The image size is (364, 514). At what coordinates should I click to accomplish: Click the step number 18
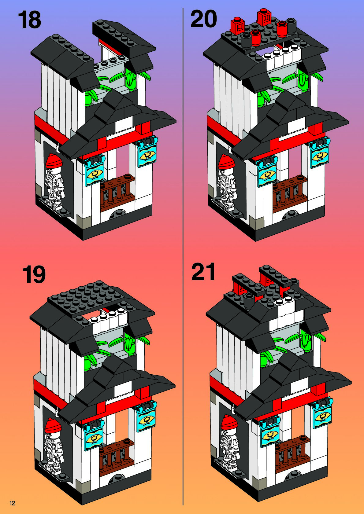pyautogui.click(x=30, y=20)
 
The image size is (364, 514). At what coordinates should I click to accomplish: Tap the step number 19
pyautogui.click(x=34, y=274)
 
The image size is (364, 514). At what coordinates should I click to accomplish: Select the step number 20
pyautogui.click(x=203, y=19)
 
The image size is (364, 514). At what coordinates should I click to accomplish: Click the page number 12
pyautogui.click(x=13, y=503)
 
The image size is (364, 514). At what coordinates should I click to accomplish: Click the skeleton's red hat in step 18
pyautogui.click(x=54, y=161)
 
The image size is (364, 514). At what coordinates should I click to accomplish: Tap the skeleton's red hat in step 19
pyautogui.click(x=53, y=425)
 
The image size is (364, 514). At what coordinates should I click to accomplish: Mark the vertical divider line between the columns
pyautogui.click(x=183, y=257)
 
